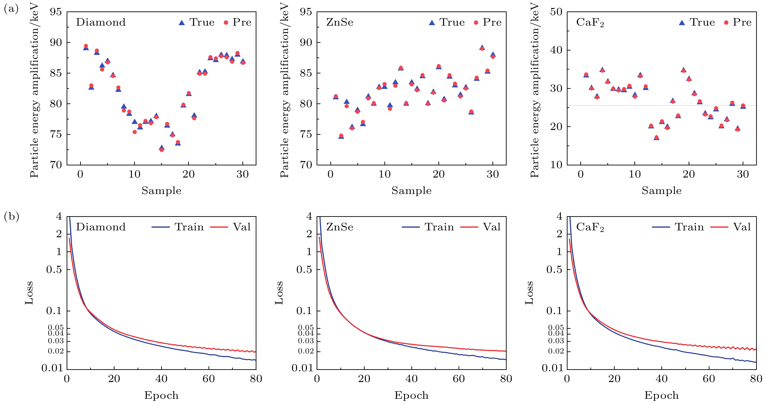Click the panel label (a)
11,10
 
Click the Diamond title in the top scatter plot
101,22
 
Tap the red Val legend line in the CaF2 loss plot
719,227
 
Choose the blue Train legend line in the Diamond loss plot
160,227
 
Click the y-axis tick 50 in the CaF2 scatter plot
556,12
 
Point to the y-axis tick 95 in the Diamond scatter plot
56,12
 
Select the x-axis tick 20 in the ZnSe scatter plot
439,174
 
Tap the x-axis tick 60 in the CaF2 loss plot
709,379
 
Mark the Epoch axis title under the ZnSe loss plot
412,395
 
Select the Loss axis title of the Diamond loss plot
29,293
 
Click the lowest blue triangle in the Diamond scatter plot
161,148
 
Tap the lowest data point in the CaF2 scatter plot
657,137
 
